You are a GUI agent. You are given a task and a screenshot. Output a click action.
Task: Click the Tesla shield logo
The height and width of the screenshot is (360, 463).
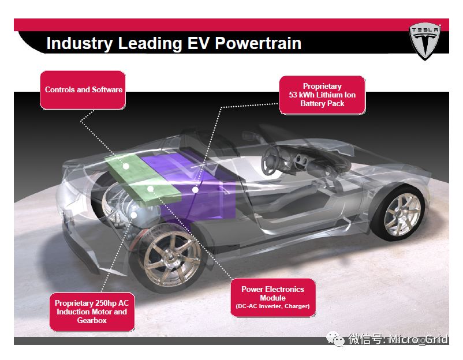tap(425, 42)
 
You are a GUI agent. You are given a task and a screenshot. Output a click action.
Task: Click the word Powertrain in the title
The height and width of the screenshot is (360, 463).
tap(258, 43)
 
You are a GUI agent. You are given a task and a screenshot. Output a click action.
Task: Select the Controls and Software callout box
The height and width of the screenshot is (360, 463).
tap(83, 90)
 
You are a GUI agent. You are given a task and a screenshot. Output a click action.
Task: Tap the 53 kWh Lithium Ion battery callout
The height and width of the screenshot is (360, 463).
tap(322, 95)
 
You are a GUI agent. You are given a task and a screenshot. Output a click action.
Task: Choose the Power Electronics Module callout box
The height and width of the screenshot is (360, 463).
tap(273, 298)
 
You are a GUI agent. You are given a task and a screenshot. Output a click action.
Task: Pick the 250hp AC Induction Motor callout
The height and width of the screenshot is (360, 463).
tap(92, 312)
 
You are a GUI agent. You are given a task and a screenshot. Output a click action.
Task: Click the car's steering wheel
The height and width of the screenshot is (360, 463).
tap(270, 160)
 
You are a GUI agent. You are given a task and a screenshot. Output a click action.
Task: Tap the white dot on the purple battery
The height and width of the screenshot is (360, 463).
tap(195, 190)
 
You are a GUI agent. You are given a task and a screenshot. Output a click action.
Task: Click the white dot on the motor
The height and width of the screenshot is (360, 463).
tap(134, 215)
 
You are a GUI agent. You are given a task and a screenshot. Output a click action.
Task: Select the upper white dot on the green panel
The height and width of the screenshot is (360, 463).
tap(126, 166)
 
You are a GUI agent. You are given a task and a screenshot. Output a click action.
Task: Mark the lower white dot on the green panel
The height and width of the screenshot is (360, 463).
tap(150, 189)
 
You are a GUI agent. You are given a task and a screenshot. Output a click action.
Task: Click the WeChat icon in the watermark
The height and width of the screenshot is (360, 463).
tap(335, 339)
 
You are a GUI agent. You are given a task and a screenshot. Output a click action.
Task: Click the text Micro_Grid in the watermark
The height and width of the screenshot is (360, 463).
tap(418, 339)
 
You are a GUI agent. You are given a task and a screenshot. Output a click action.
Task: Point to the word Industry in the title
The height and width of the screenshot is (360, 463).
tap(80, 44)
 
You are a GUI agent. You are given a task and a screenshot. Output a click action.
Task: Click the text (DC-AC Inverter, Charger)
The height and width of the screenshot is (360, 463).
tap(273, 306)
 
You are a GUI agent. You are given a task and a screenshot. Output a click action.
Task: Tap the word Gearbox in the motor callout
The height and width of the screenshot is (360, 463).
tap(92, 320)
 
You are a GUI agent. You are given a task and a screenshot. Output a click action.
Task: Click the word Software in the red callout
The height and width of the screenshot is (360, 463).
tap(107, 89)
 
